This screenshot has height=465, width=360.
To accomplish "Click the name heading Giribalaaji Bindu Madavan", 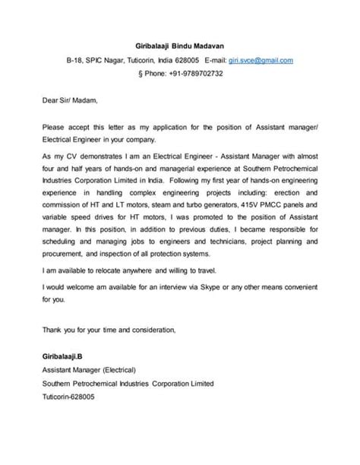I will [x=179, y=43].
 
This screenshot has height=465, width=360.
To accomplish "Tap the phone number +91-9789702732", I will [x=193, y=74].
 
